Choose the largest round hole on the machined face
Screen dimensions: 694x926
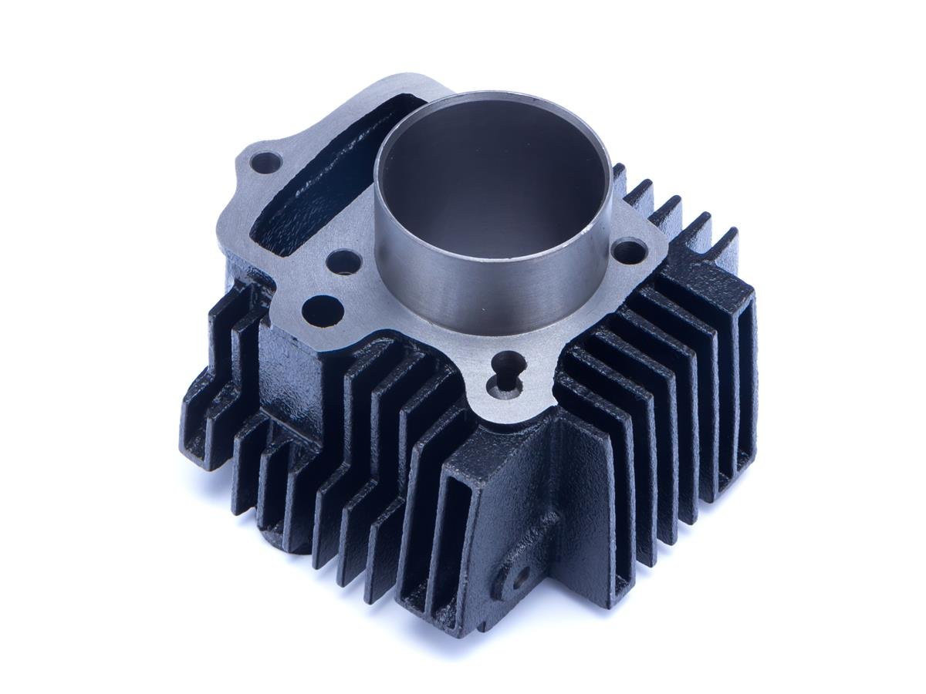[323, 309]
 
